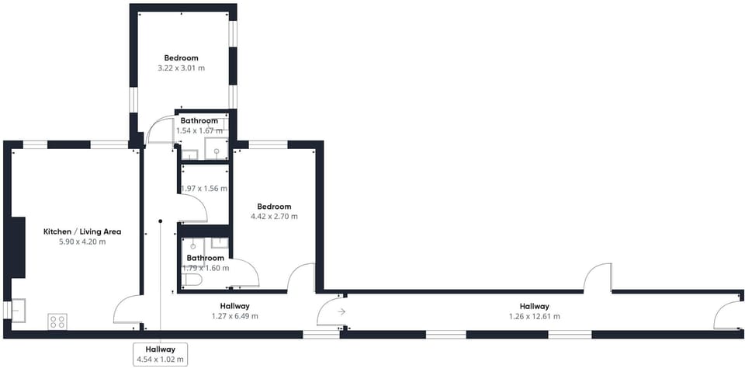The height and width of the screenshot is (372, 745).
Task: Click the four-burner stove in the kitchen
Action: pos(57,322)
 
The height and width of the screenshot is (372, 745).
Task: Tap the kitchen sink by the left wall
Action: pos(18,310)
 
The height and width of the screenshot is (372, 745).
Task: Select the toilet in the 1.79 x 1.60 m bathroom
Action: pos(192,280)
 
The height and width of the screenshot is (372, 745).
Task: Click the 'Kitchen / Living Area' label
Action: pos(82,231)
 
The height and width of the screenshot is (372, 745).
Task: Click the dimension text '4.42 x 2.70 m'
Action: pos(274,217)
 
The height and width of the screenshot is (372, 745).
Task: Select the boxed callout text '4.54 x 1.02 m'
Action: pos(160,360)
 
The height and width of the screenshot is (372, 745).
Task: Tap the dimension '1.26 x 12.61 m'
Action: pos(535,316)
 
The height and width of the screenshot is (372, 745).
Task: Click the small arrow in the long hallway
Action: pos(341,311)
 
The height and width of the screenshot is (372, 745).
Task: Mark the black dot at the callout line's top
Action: pos(161,221)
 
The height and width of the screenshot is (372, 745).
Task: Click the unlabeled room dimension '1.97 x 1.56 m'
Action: pos(204,189)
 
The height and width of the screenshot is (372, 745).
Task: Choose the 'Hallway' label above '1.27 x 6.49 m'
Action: pos(234,306)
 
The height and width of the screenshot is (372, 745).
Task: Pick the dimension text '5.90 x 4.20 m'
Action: pos(82,242)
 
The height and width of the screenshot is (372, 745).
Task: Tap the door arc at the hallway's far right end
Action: pos(720,308)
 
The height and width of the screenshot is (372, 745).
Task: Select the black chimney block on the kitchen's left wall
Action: pos(18,247)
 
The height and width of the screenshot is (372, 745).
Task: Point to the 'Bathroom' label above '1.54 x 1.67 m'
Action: pos(199,121)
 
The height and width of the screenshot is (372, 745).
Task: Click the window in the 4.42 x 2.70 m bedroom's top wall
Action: pos(268,144)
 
